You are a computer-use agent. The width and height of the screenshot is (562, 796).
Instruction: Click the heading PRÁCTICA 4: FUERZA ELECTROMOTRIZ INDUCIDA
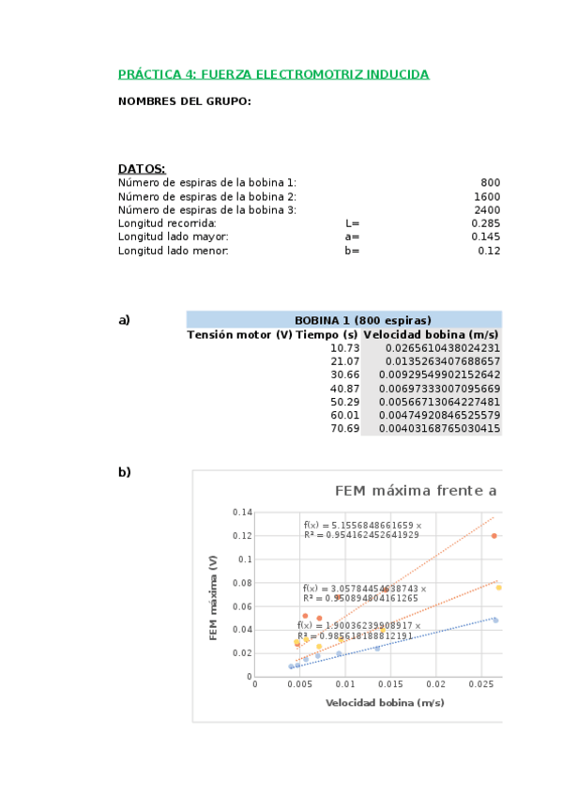(x=273, y=74)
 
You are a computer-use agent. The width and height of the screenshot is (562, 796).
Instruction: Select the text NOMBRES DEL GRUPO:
(x=184, y=101)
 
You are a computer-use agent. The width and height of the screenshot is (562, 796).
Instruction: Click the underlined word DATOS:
(x=142, y=169)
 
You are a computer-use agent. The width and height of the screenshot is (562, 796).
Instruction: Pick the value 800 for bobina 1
(x=490, y=183)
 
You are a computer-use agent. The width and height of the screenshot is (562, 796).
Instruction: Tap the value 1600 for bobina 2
(x=487, y=197)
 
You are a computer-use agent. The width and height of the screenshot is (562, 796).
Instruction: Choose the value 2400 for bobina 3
(x=487, y=210)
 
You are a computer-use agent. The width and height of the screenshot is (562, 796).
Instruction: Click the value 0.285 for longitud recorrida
(x=485, y=223)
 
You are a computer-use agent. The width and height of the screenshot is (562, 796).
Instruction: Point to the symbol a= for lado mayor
(x=352, y=237)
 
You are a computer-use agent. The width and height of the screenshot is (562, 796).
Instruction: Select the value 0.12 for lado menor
(x=489, y=251)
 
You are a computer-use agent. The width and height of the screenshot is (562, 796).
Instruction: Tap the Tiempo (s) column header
(x=327, y=334)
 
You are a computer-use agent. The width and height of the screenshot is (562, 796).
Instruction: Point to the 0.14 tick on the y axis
(x=242, y=513)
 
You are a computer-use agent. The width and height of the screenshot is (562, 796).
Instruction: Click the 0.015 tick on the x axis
(x=390, y=684)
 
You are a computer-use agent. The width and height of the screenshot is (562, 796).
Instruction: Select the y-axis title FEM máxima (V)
(x=214, y=597)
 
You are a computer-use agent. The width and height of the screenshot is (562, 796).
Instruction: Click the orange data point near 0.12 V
(x=494, y=536)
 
